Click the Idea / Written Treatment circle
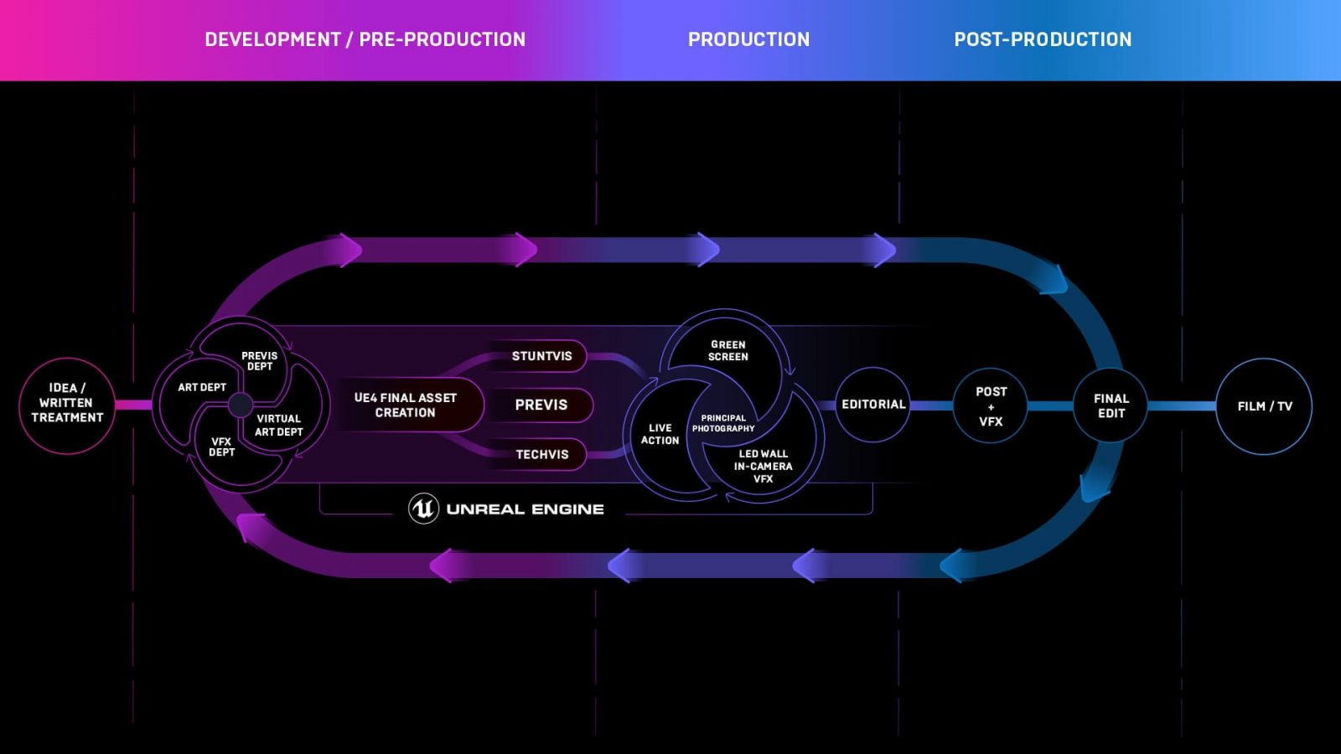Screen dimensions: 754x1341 pos(67,405)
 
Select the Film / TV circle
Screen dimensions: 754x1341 pos(1264,406)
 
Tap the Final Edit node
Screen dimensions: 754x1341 pos(1111,406)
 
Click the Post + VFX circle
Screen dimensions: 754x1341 pos(991,406)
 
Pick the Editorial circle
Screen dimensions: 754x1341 pos(873,405)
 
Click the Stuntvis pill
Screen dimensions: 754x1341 pos(541,356)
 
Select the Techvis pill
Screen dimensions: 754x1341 pos(541,454)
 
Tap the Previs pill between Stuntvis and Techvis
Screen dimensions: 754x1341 pos(541,405)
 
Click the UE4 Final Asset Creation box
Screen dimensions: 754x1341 pos(406,405)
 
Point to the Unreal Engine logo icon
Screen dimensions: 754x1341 pos(423,509)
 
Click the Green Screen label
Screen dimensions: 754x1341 pos(727,351)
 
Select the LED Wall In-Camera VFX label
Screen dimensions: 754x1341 pos(763,466)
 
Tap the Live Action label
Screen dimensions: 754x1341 pos(660,434)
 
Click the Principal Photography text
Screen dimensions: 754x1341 pos(723,423)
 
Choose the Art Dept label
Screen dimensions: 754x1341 pos(202,387)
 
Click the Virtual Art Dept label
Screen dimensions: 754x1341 pos(279,425)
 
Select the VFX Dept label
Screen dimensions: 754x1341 pos(221,447)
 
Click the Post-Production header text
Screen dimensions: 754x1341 pos(1043,39)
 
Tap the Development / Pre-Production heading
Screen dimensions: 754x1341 pos(365,39)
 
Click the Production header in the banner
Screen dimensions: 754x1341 pos(748,39)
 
